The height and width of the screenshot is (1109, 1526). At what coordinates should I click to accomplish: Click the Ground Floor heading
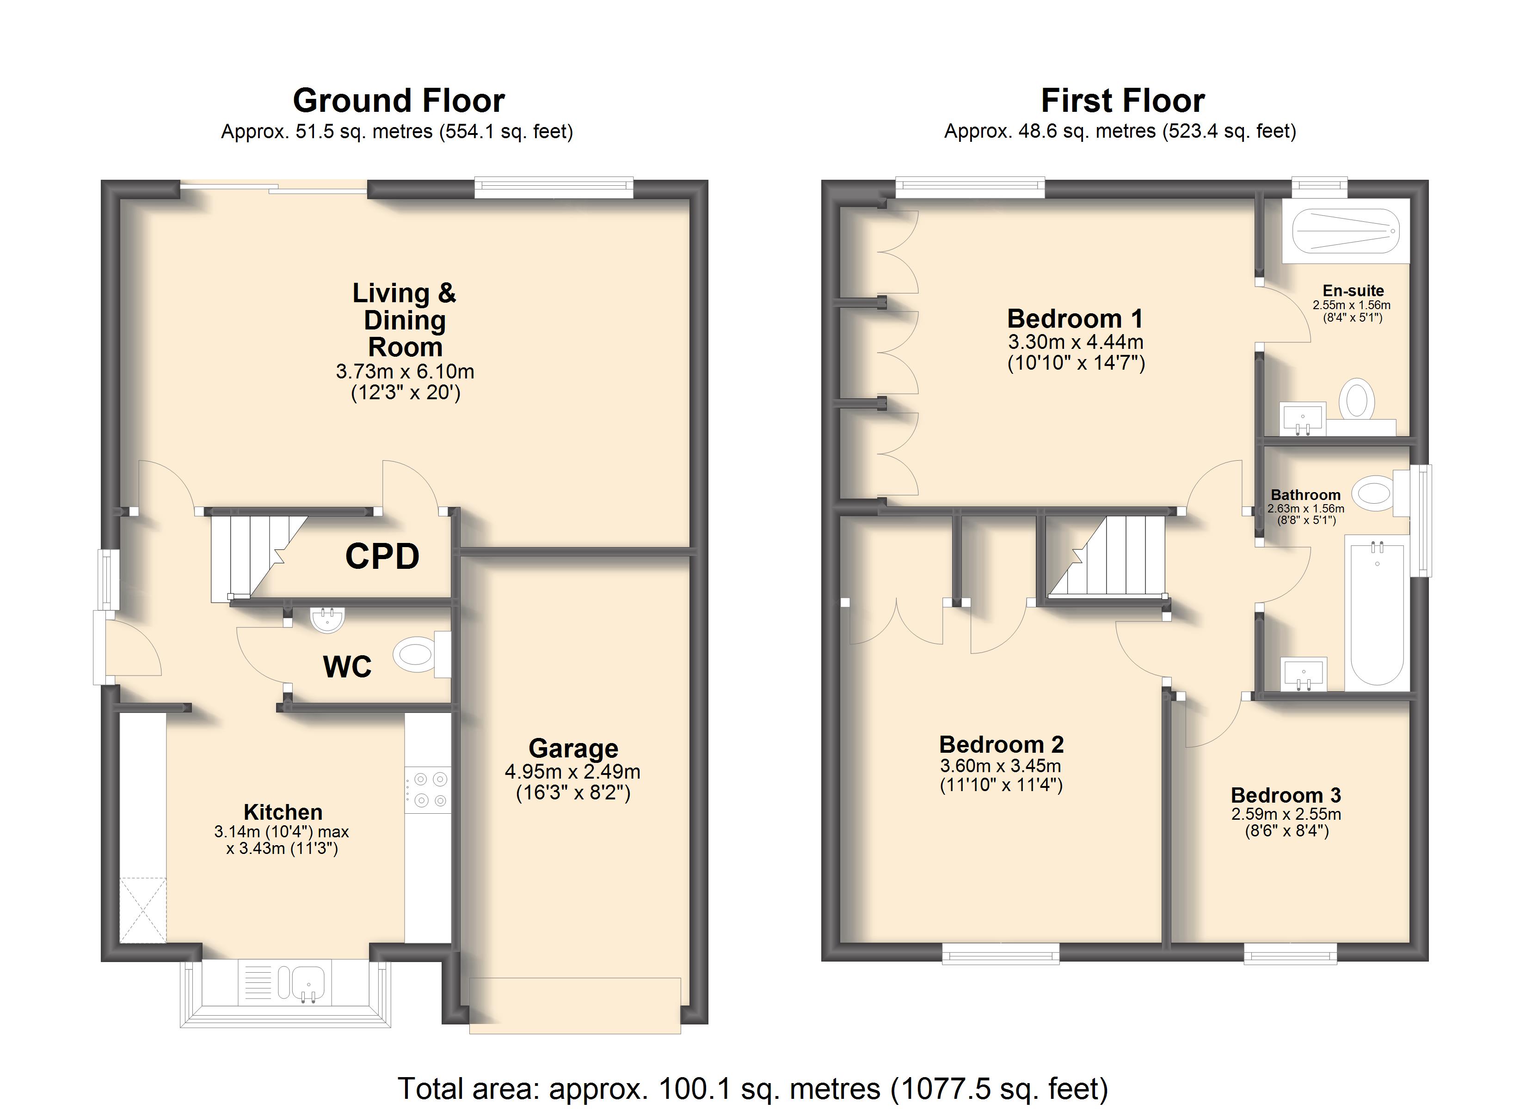click(x=399, y=101)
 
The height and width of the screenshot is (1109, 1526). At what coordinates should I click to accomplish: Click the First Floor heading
click(x=1123, y=101)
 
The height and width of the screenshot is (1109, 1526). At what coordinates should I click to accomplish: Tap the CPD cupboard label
click(x=382, y=556)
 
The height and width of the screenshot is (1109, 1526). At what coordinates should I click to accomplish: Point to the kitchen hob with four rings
click(x=428, y=790)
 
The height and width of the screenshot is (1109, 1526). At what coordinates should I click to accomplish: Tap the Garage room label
click(x=573, y=749)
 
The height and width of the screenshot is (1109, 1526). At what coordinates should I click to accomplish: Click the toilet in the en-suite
click(x=1356, y=402)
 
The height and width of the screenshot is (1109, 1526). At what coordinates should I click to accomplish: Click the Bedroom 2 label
click(x=1001, y=744)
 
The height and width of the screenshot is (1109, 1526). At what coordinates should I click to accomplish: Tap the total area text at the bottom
click(x=753, y=1088)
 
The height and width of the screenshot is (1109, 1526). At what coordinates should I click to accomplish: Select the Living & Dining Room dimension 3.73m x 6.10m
click(x=405, y=371)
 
